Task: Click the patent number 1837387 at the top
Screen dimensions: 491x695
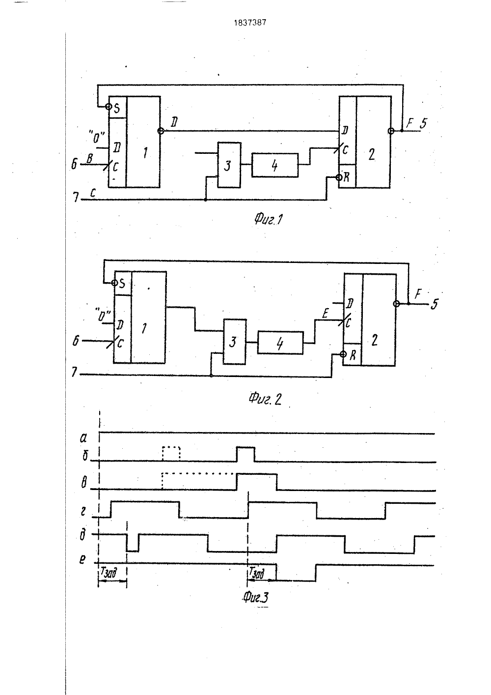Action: [x=250, y=23]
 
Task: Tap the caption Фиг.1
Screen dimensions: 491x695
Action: [x=269, y=220]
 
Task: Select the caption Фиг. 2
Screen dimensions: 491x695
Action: [x=265, y=399]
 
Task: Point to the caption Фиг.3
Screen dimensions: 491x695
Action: [x=255, y=597]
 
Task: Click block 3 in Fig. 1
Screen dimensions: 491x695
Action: [x=229, y=165]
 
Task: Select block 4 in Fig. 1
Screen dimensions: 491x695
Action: [x=275, y=165]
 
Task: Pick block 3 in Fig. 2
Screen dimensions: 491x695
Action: [x=235, y=342]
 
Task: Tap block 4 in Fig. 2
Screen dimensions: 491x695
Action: [x=280, y=343]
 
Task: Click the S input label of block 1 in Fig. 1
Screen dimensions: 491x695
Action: [x=117, y=108]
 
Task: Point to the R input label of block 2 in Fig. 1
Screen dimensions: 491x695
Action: [x=347, y=177]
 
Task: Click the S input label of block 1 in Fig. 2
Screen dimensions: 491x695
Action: [x=122, y=283]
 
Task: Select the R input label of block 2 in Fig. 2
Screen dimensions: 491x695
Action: [x=353, y=355]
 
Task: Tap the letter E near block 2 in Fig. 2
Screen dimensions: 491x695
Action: [x=325, y=314]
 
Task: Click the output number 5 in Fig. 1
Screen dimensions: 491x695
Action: [x=423, y=123]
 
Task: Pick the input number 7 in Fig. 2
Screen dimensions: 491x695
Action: [x=74, y=372]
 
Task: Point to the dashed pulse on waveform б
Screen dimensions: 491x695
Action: [x=171, y=454]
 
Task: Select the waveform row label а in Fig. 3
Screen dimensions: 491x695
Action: [x=83, y=438]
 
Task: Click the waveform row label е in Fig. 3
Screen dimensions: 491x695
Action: [x=82, y=559]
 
